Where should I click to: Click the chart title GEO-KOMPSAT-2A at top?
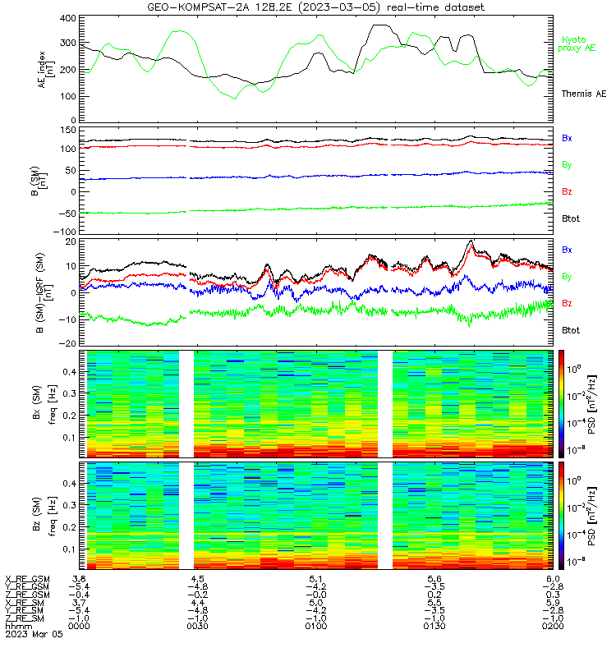click(198, 7)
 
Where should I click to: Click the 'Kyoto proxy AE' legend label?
click(577, 44)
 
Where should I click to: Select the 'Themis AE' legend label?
click(584, 94)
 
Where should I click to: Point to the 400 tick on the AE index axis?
click(68, 18)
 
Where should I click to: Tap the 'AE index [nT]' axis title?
click(46, 70)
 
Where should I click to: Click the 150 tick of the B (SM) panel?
click(68, 131)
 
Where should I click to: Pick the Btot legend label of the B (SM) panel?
click(570, 218)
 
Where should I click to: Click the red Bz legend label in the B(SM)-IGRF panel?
click(567, 303)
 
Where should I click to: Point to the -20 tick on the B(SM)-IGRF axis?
click(67, 343)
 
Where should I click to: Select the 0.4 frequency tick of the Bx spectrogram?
click(69, 372)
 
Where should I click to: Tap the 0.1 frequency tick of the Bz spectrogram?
click(69, 549)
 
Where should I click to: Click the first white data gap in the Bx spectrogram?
click(186, 404)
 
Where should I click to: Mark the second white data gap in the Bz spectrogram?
click(385, 516)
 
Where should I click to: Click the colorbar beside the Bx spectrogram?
click(561, 404)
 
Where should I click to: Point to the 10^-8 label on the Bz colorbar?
click(573, 562)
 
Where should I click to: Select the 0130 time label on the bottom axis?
click(434, 626)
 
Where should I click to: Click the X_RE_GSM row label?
click(27, 579)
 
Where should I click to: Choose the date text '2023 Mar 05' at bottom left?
click(34, 634)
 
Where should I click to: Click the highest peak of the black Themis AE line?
click(380, 25)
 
